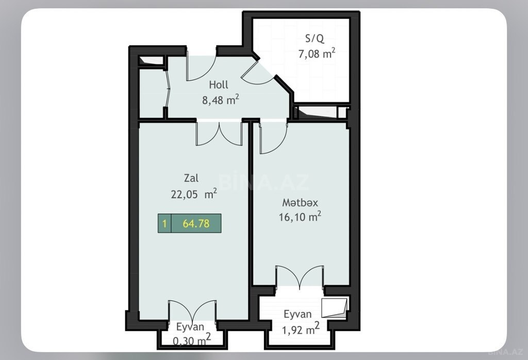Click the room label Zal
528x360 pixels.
click(191, 178)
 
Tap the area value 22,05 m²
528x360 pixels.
click(194, 194)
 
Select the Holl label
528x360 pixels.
click(219, 85)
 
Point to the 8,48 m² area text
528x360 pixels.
click(221, 100)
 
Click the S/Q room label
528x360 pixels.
click(315, 38)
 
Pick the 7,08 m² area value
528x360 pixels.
click(317, 53)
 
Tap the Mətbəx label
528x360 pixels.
click(300, 202)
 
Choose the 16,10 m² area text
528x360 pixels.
click(300, 217)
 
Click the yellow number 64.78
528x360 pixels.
click(196, 223)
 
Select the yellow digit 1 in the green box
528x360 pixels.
click(164, 223)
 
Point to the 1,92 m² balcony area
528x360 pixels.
click(301, 329)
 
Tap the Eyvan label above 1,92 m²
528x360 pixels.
click(298, 314)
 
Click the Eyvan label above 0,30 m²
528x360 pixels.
click(190, 326)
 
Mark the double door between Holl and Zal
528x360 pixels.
click(219, 134)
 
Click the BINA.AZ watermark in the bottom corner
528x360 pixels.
click(505, 352)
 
